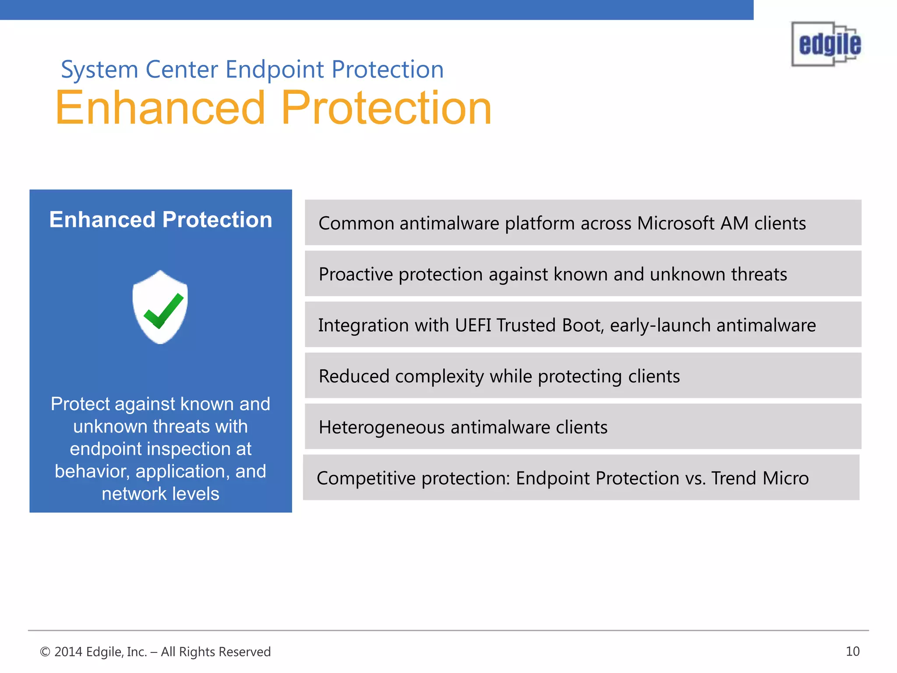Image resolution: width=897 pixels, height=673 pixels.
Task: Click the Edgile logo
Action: click(x=826, y=44)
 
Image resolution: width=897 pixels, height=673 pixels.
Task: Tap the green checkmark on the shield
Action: click(x=163, y=311)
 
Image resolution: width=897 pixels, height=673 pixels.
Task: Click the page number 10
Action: click(x=852, y=652)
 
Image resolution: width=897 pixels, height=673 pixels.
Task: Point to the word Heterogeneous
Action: click(x=381, y=427)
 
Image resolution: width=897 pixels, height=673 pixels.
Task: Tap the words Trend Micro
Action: click(x=760, y=478)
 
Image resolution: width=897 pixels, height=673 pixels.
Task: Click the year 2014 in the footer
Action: click(x=68, y=652)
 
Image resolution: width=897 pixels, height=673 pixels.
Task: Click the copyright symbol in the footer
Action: click(x=45, y=652)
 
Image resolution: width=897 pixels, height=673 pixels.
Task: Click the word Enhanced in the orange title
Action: click(x=160, y=108)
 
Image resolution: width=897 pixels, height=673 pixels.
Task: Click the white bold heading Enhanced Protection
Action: click(x=161, y=220)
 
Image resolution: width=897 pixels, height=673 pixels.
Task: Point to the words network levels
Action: click(x=160, y=494)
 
